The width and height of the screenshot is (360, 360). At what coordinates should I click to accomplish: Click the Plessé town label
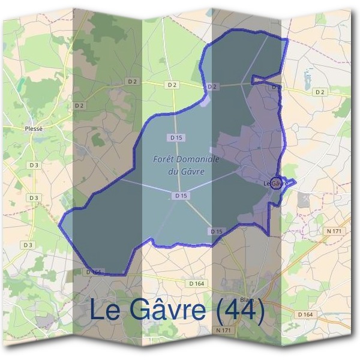click(34, 128)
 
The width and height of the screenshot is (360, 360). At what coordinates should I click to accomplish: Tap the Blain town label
click(247, 301)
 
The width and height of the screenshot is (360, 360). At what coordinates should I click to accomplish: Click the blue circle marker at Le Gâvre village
click(275, 183)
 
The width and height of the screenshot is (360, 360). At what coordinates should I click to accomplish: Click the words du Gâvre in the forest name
click(182, 170)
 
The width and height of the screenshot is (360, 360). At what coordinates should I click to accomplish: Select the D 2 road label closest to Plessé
click(79, 106)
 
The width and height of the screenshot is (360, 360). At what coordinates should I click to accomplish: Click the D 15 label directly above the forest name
click(176, 137)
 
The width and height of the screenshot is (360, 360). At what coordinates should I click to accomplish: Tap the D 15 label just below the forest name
click(181, 196)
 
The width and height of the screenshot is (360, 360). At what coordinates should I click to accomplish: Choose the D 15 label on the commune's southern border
click(217, 231)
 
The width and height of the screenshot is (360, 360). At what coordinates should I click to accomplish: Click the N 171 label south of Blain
click(221, 329)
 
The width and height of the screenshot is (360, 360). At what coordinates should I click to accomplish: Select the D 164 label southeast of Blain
click(305, 314)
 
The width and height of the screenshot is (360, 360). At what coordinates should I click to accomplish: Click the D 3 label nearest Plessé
click(34, 164)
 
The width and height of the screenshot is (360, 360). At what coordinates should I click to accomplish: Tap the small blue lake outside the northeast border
click(308, 77)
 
